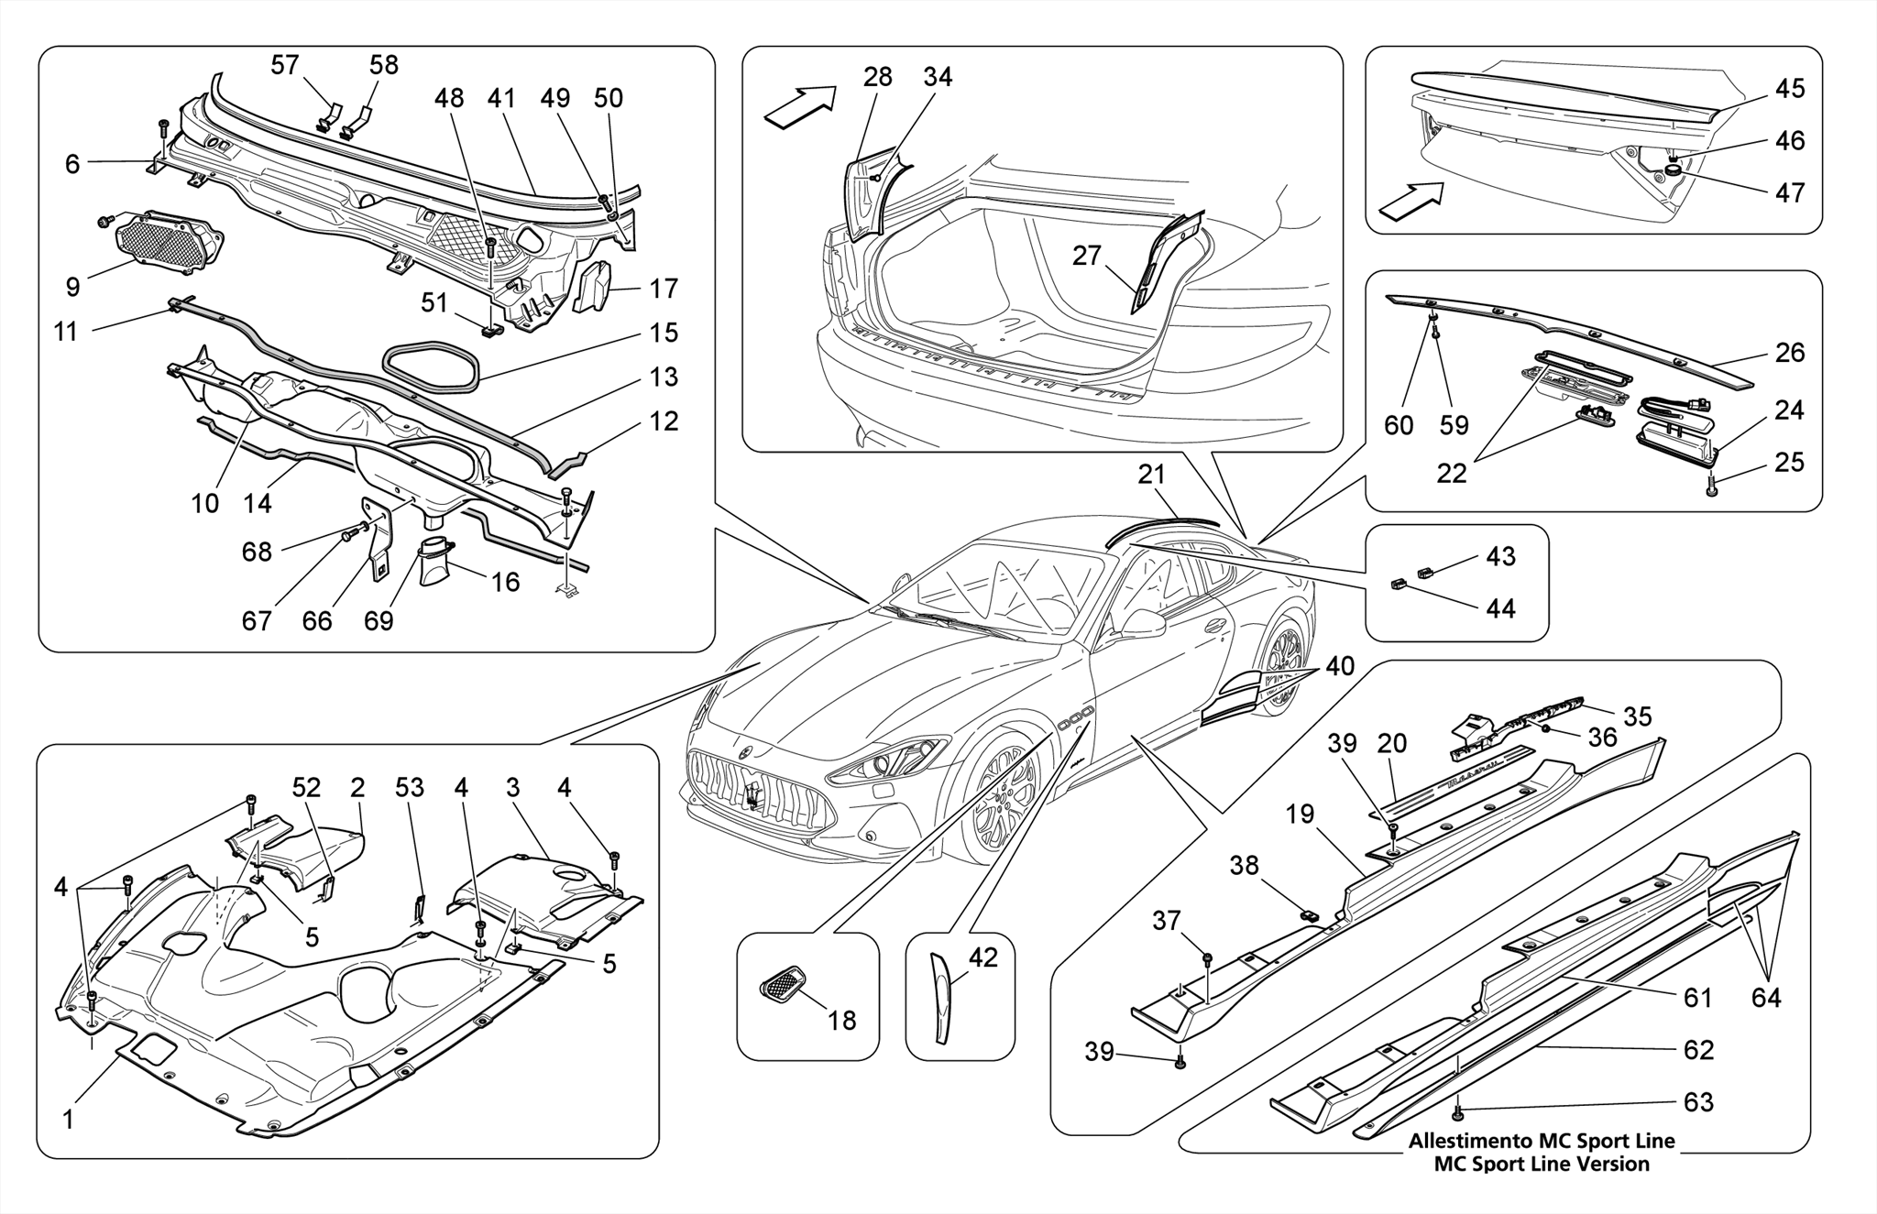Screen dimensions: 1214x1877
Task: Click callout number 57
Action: (x=285, y=65)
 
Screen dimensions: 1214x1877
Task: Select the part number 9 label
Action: (x=72, y=287)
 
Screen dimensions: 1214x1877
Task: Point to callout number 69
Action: (x=379, y=621)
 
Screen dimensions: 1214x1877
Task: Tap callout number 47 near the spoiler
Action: (x=1789, y=192)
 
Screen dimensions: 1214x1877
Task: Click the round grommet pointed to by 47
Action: (x=1673, y=168)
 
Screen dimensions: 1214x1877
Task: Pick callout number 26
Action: (x=1789, y=353)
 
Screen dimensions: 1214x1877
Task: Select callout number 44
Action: (x=1500, y=608)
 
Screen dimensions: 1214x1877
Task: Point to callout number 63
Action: (x=1698, y=1101)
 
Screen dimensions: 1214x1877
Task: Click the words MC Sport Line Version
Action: (x=1541, y=1165)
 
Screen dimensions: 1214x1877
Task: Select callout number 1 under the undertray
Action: (x=68, y=1120)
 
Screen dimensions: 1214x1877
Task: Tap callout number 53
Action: (x=410, y=788)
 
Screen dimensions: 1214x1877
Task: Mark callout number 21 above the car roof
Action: (x=1151, y=475)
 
